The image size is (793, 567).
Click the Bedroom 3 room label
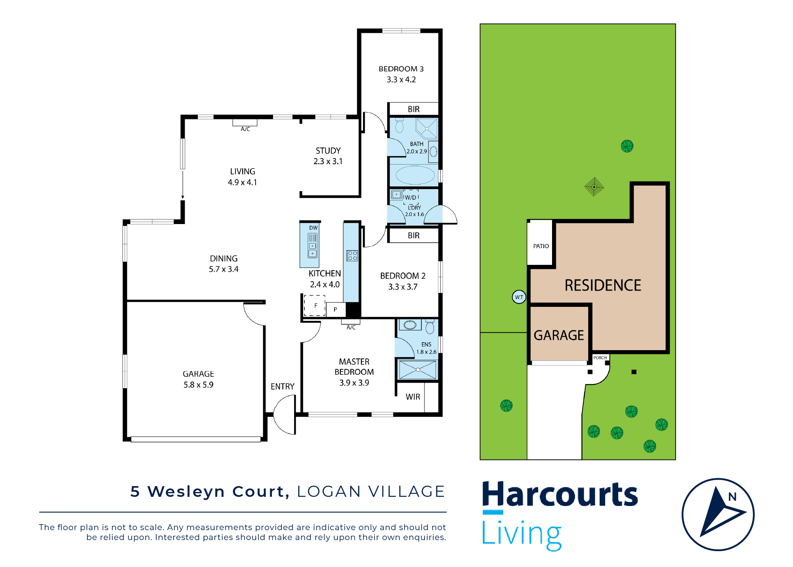(401, 69)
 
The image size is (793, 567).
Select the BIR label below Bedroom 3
(413, 109)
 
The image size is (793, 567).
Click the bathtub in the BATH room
(415, 175)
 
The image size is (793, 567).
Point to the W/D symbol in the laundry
(411, 197)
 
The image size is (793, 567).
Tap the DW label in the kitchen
(313, 228)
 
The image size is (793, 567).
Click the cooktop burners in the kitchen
(352, 256)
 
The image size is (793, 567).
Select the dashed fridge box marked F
(315, 305)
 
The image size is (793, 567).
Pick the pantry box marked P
(335, 309)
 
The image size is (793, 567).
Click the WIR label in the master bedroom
(413, 397)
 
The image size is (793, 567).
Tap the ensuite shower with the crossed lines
(418, 370)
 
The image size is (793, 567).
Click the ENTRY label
(283, 387)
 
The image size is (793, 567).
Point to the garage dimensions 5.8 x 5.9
(198, 385)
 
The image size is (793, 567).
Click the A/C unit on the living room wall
(245, 123)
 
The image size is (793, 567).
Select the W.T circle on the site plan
(519, 297)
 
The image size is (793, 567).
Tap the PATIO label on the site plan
(541, 246)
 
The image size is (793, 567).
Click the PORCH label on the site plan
(600, 358)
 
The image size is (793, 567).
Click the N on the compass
(732, 497)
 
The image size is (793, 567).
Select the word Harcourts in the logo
(560, 494)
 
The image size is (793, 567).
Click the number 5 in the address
(135, 492)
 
